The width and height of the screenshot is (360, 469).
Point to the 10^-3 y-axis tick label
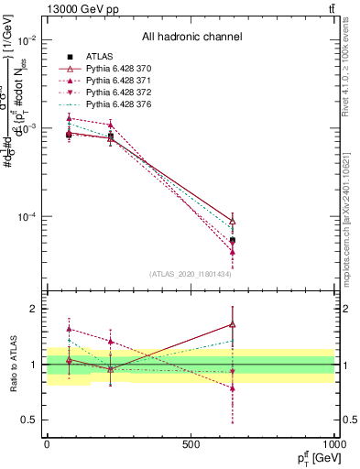tap(26, 129)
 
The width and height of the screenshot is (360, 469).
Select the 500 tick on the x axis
tap(191, 444)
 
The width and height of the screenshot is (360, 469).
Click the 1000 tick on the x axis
tap(333, 444)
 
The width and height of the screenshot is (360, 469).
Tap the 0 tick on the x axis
tap(47, 444)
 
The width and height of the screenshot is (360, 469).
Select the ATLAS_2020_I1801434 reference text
tap(191, 274)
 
